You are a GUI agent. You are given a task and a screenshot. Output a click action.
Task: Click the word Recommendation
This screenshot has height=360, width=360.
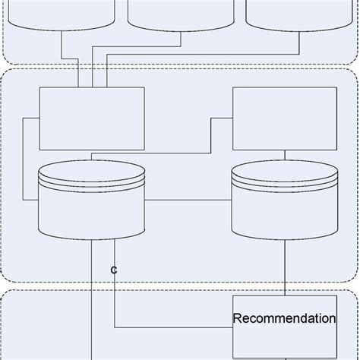[x=284, y=318]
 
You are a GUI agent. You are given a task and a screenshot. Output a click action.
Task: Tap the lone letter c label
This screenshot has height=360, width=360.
[x=114, y=270]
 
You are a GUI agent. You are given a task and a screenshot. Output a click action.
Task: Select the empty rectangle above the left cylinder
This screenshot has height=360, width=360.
[x=92, y=118]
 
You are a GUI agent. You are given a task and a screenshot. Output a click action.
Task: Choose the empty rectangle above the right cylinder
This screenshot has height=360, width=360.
[x=284, y=118]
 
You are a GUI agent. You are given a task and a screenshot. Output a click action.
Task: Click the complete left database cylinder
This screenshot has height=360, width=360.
[x=92, y=201]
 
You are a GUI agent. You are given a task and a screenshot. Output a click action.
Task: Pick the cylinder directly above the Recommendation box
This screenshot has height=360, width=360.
[x=284, y=201]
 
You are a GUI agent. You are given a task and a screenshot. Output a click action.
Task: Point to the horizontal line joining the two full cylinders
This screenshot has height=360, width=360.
[x=188, y=201]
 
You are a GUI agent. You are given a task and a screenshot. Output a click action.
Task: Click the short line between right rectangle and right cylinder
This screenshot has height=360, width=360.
[x=284, y=155]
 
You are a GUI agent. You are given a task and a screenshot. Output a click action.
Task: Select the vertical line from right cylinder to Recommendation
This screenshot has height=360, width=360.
[x=284, y=266]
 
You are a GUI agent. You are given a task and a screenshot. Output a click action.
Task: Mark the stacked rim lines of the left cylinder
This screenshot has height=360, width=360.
[x=92, y=179]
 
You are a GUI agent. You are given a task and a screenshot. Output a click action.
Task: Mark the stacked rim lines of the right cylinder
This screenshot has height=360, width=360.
[x=284, y=179]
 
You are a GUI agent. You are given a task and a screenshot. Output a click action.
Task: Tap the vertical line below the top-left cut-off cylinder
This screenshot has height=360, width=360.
[x=60, y=46]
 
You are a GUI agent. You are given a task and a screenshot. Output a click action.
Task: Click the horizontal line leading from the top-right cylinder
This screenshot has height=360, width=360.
[x=205, y=55]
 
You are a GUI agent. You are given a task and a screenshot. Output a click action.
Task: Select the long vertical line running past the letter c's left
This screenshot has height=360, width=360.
[x=92, y=304]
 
